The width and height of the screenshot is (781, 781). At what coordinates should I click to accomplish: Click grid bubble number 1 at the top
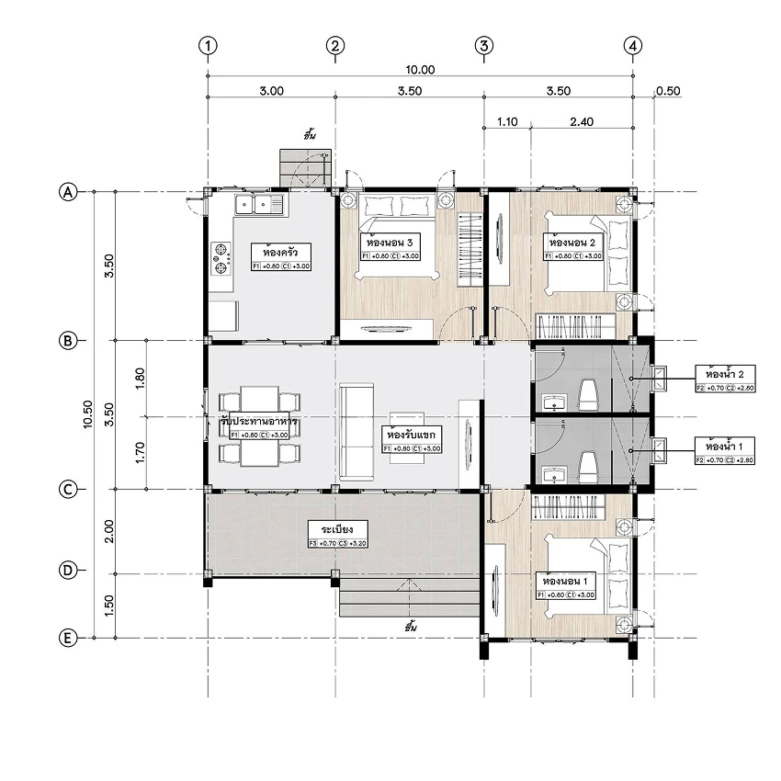pos(210,45)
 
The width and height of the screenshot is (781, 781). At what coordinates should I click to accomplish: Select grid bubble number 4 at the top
pos(632,45)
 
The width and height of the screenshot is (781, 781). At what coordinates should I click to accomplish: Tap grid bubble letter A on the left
pos(67,192)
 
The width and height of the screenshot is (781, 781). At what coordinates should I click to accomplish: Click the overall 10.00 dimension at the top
pos(420,70)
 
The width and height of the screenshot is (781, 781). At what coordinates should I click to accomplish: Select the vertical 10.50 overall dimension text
pos(88,414)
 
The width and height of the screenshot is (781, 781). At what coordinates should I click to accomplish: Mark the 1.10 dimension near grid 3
pos(506,120)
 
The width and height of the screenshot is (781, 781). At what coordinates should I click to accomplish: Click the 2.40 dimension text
pos(581,120)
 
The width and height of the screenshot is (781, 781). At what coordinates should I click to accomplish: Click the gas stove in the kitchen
pos(221,257)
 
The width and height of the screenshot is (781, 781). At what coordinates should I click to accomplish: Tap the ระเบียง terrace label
pos(337,530)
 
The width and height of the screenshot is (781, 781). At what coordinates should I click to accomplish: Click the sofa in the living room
pos(355,432)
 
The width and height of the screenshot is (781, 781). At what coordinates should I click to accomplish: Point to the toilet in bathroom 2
pos(589,395)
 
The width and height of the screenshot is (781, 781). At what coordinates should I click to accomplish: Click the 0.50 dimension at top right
pos(668,91)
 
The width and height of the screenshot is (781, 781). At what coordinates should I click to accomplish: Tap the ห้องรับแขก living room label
pos(411,434)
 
